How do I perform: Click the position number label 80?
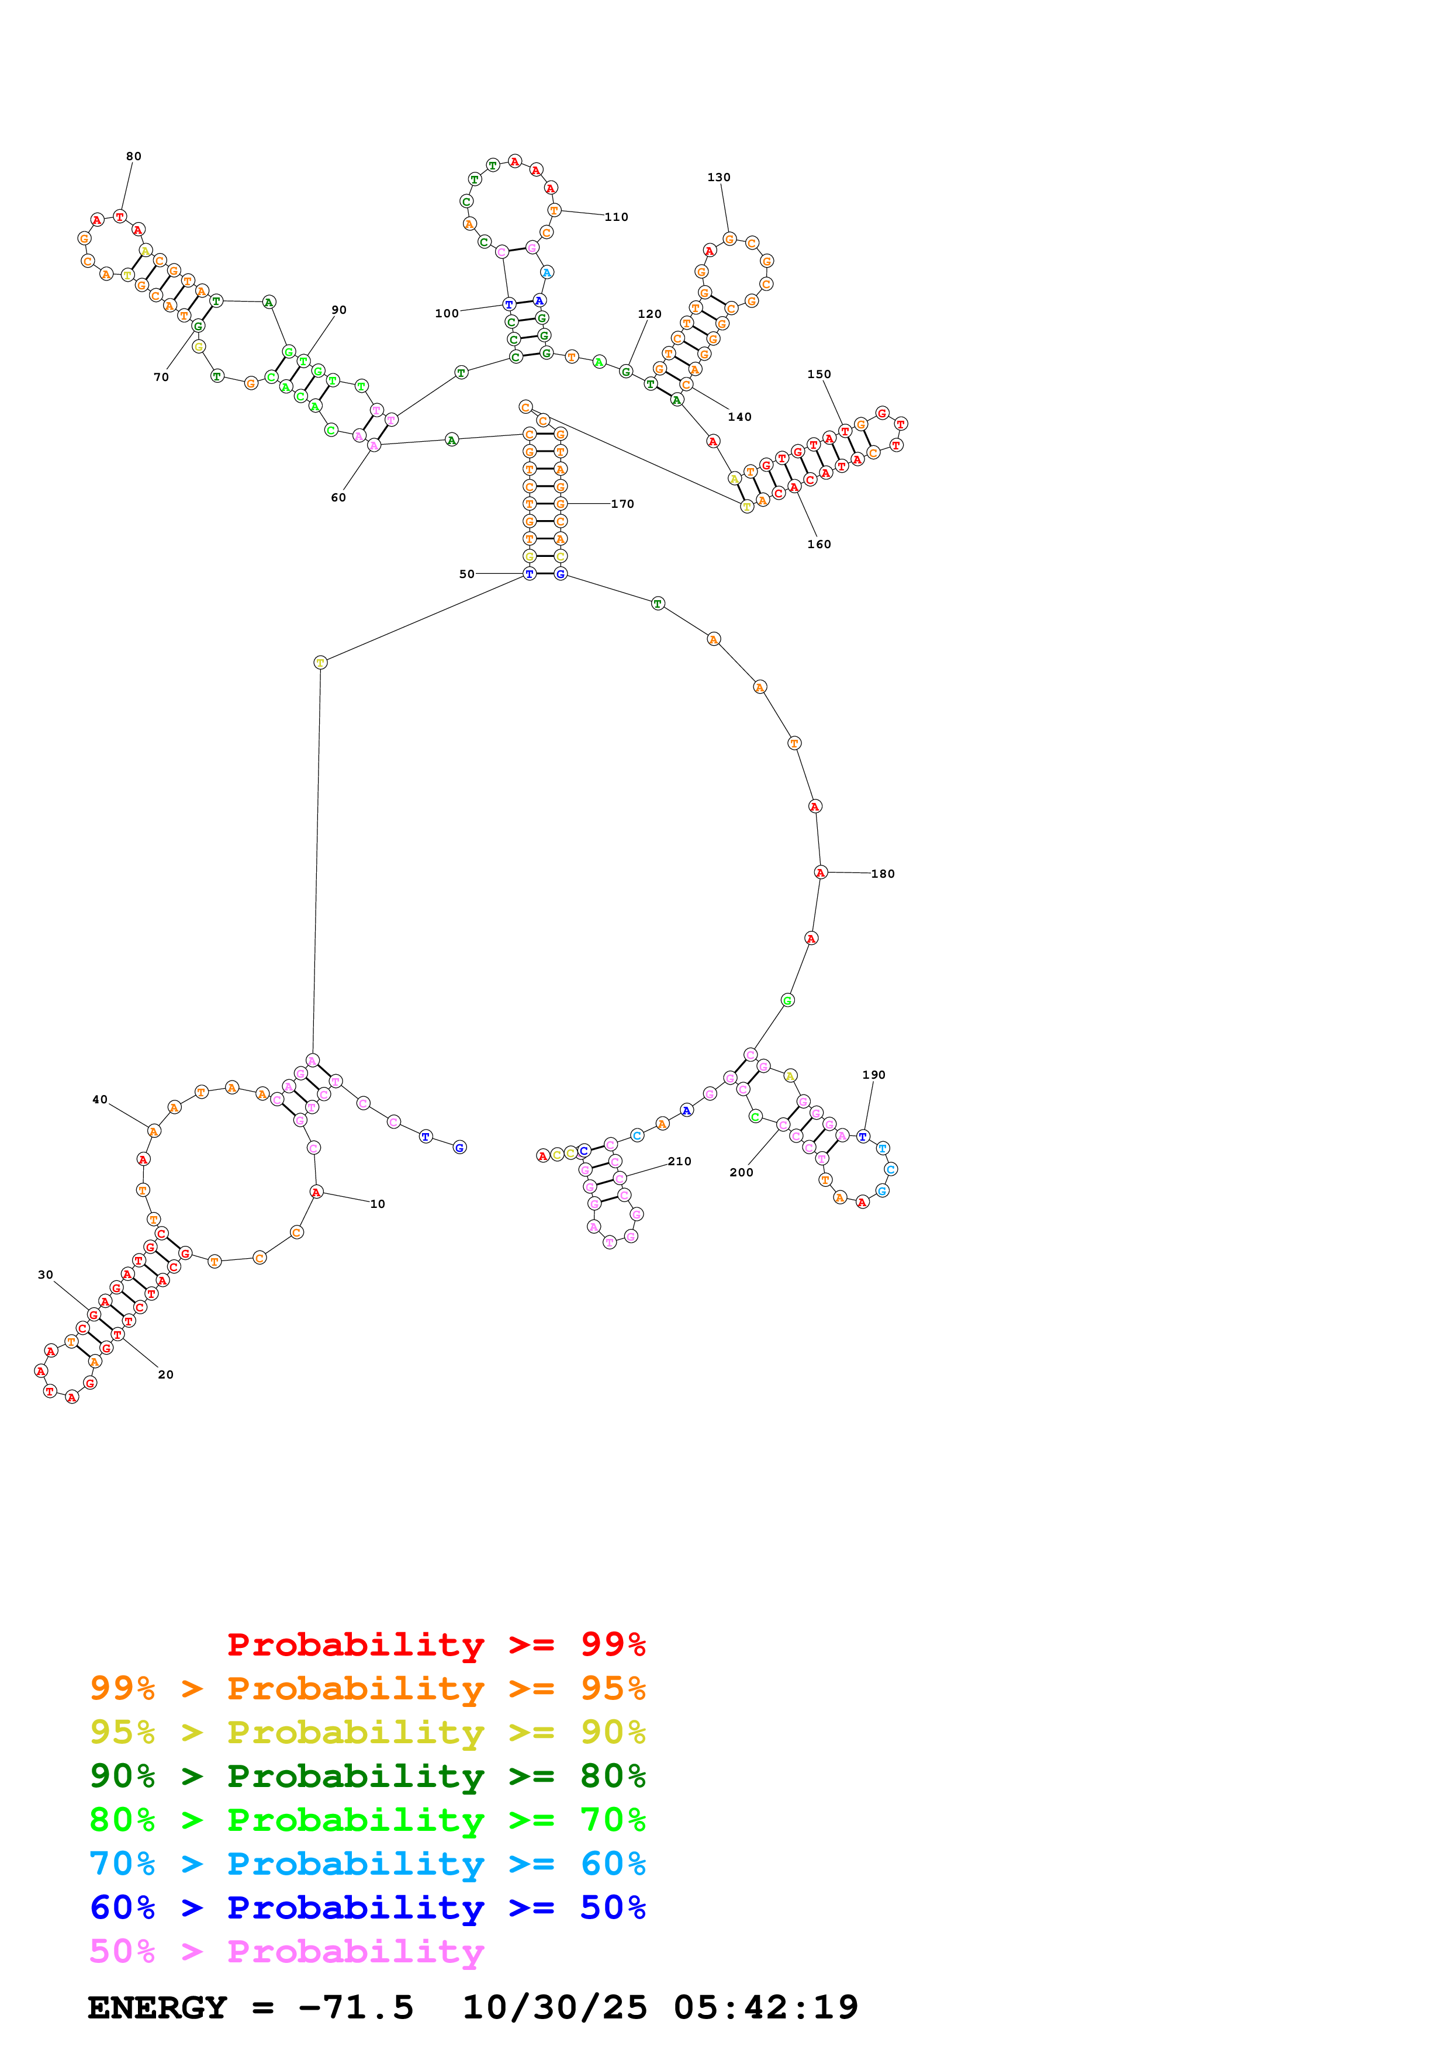[x=134, y=156]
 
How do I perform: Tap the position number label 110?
[x=616, y=217]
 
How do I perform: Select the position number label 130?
[x=719, y=178]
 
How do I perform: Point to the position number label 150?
[x=819, y=374]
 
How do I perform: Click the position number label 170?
[x=623, y=504]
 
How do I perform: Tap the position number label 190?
[x=873, y=1075]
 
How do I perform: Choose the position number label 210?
[x=679, y=1162]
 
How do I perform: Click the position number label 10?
[x=378, y=1204]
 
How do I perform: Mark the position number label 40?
[x=100, y=1100]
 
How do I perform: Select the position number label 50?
[x=467, y=574]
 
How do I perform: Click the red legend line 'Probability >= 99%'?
[x=435, y=1644]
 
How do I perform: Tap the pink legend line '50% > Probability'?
[x=286, y=1952]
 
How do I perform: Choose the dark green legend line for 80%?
[x=367, y=1776]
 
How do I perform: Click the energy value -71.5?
[x=355, y=2008]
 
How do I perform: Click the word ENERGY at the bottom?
[x=157, y=2008]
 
